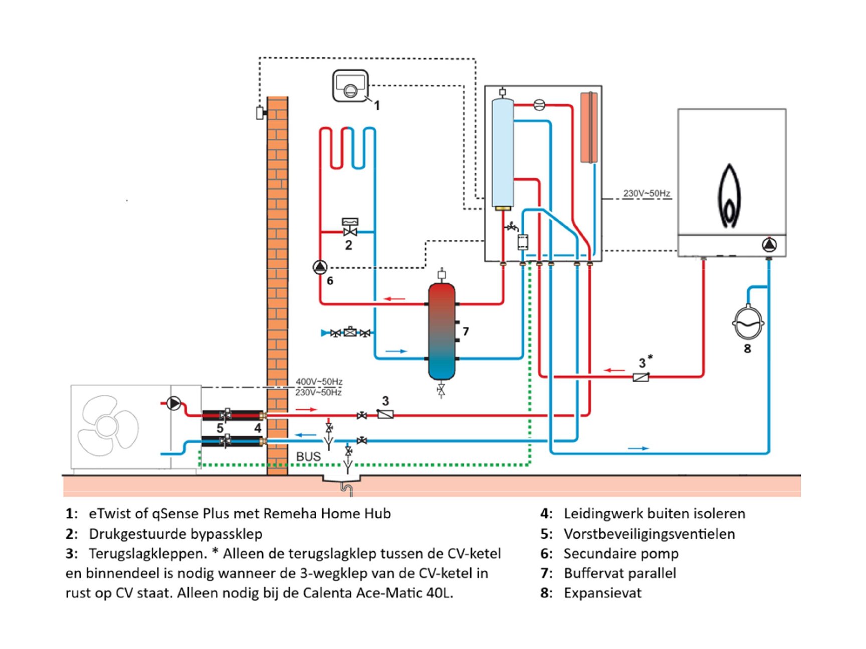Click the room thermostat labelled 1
click(351, 86)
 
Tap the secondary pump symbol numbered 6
click(320, 267)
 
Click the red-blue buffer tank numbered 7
click(442, 331)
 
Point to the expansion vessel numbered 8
click(748, 322)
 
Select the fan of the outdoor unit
click(108, 426)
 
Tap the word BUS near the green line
click(308, 457)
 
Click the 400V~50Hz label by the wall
click(319, 382)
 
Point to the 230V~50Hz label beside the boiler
click(646, 193)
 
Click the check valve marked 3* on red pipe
click(641, 377)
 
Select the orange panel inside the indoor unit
click(589, 127)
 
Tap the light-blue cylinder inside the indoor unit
click(503, 153)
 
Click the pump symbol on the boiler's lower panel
click(769, 245)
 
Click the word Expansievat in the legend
click(602, 593)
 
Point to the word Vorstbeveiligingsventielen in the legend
click(649, 534)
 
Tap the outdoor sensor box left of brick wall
click(260, 113)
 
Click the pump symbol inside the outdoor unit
click(173, 403)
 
